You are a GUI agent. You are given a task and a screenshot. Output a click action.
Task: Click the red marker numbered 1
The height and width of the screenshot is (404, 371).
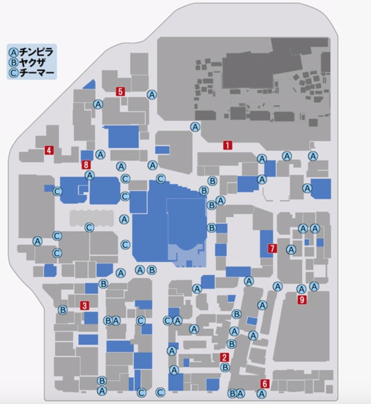[x=227, y=145]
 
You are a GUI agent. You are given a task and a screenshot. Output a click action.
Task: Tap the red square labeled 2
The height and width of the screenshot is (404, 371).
[x=224, y=357]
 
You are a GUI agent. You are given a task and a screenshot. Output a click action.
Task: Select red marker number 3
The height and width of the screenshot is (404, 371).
[x=85, y=305]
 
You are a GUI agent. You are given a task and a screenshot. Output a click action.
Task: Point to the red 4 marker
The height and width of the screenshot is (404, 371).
[x=48, y=151]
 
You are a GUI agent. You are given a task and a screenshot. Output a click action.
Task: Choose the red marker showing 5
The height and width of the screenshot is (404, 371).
[x=120, y=92]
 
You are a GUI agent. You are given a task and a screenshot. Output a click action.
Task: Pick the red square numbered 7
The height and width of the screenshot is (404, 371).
[x=272, y=248]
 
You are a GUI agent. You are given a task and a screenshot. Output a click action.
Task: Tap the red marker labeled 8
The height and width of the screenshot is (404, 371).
[x=87, y=165]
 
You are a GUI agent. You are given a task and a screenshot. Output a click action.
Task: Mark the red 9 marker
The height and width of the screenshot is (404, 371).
[x=302, y=300]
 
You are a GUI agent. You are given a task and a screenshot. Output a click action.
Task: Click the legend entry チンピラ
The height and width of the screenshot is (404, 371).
[x=33, y=50]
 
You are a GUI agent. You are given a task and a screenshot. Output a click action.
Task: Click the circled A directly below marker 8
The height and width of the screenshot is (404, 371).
[x=90, y=175]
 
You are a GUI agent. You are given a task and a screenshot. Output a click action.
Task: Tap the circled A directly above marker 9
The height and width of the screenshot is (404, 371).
[x=302, y=289]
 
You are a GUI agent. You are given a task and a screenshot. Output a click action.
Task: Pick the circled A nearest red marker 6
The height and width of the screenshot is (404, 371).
[x=261, y=394]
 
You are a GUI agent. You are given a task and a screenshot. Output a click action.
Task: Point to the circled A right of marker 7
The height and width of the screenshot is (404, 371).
[x=291, y=250]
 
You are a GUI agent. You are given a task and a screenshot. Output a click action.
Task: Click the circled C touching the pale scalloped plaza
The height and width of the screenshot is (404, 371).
[x=89, y=227]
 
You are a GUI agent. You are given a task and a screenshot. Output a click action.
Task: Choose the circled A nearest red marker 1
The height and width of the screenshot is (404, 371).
[x=195, y=127]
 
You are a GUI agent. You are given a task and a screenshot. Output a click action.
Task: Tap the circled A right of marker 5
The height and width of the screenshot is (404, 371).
[x=152, y=95]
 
